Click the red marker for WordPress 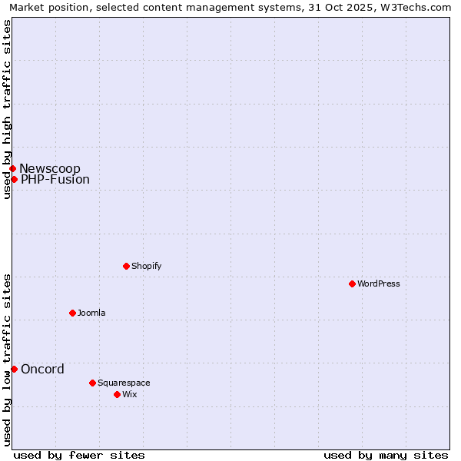click(x=352, y=284)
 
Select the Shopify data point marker click(x=126, y=266)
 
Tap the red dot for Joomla click(x=72, y=313)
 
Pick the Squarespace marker click(x=92, y=383)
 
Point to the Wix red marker click(x=117, y=394)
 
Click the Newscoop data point click(x=12, y=168)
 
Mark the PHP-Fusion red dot click(x=14, y=179)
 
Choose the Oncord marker click(x=14, y=369)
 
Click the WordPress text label click(x=378, y=284)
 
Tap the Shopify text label click(x=146, y=266)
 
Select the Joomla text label click(x=91, y=313)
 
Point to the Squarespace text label click(x=124, y=383)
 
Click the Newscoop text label click(x=50, y=169)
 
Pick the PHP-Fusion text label click(x=55, y=180)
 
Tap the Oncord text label click(x=42, y=369)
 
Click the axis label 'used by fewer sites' click(x=79, y=455)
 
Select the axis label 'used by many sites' click(x=386, y=455)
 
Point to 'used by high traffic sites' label click(x=7, y=109)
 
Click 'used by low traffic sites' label click(x=7, y=360)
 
